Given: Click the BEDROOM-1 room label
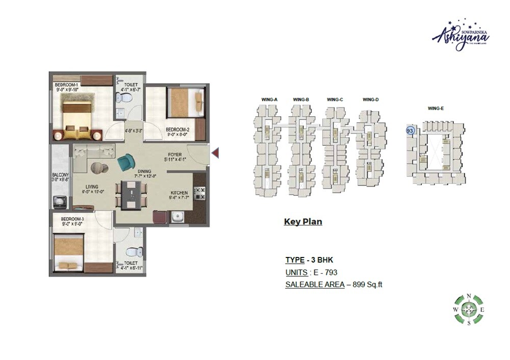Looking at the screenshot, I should (65, 84).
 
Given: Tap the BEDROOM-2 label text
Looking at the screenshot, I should (178, 130).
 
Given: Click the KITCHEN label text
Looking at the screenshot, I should (179, 193).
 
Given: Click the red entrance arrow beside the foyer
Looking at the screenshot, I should (215, 152).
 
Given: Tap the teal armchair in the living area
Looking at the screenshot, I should (124, 164).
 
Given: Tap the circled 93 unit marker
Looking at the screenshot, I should (410, 131).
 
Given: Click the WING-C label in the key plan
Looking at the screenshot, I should (335, 99).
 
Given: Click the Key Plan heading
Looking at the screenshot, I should (302, 222).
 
